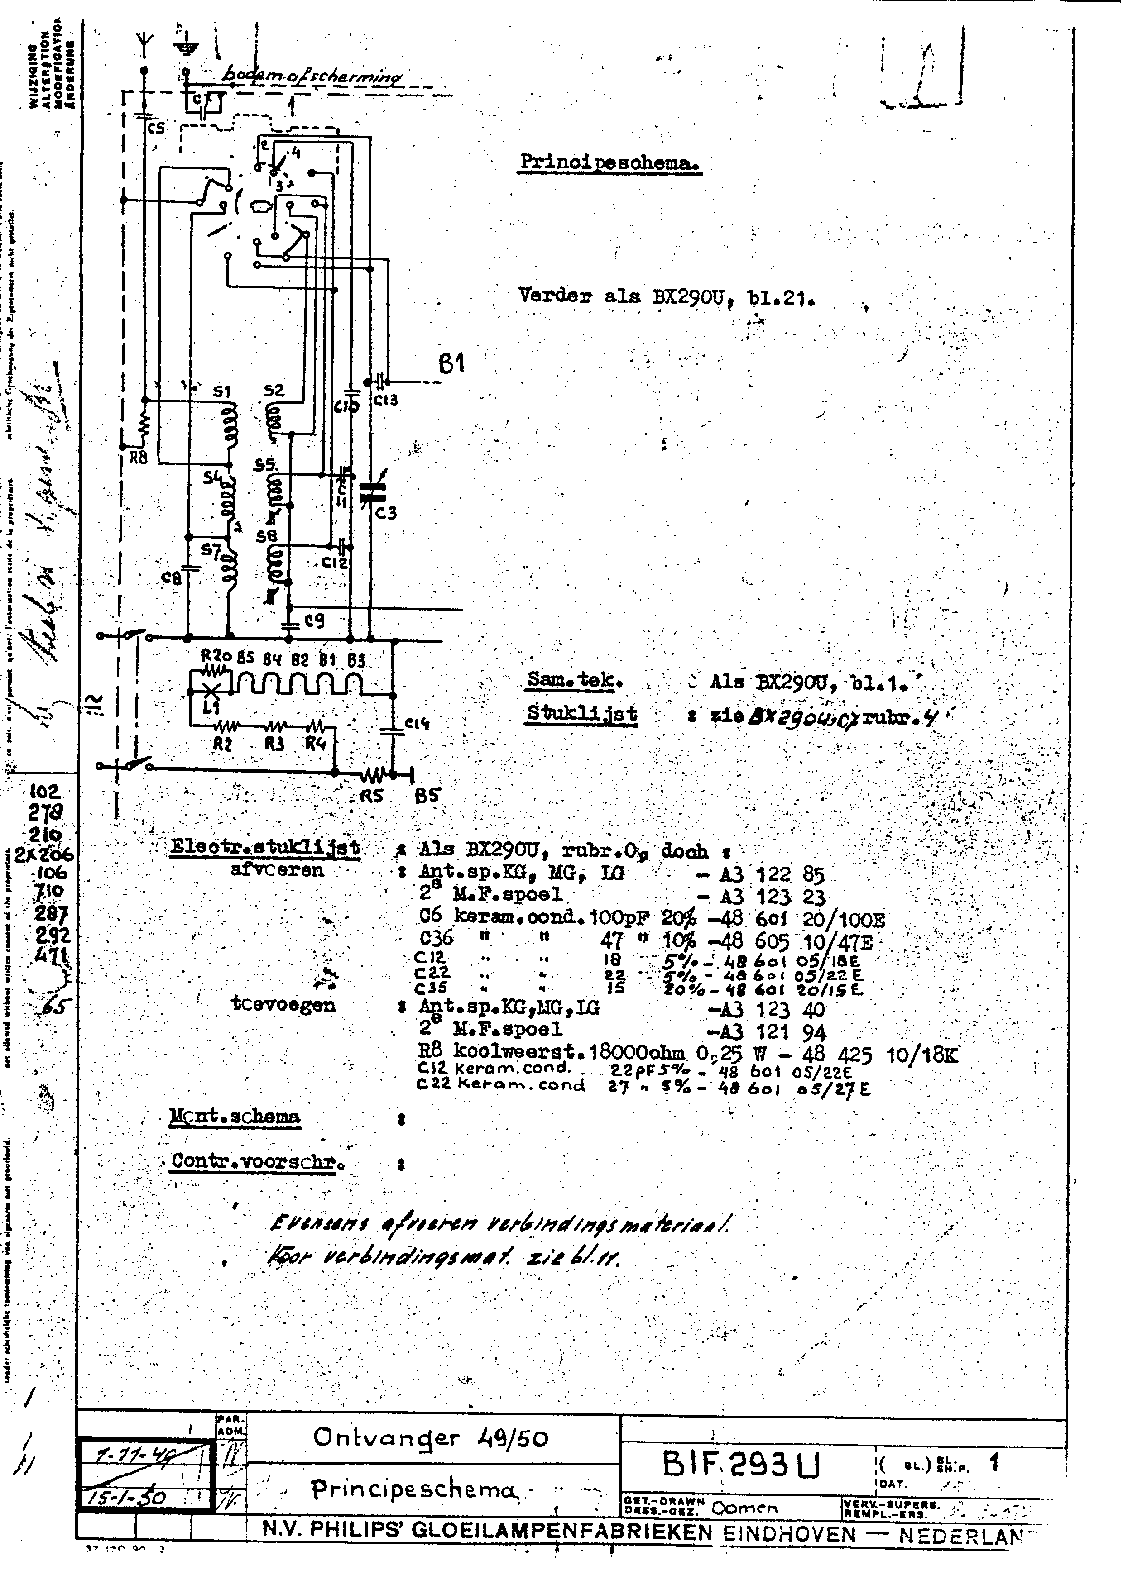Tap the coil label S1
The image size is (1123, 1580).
coord(221,392)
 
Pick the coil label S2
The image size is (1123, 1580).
coord(274,391)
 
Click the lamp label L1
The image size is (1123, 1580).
coord(211,708)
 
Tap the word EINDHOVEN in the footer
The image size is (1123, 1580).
coord(789,1534)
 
